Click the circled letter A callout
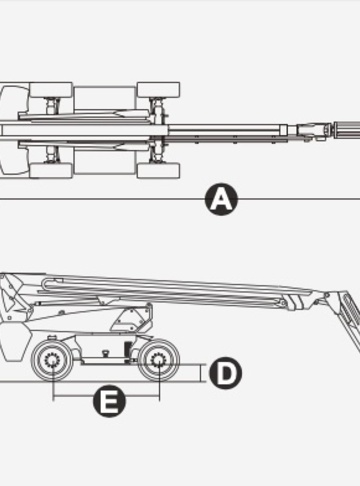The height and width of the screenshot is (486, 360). (x=221, y=200)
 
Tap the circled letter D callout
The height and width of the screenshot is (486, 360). (x=226, y=373)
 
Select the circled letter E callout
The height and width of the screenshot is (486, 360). (x=109, y=400)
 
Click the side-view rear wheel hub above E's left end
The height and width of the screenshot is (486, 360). (x=52, y=361)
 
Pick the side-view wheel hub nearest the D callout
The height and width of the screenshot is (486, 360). (x=159, y=361)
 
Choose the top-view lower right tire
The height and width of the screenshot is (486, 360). (x=159, y=170)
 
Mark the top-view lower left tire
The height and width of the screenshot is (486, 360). (x=51, y=170)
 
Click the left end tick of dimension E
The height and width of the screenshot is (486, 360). (x=53, y=396)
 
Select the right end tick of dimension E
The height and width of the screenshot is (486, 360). (x=160, y=396)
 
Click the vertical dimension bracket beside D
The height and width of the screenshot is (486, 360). (x=201, y=373)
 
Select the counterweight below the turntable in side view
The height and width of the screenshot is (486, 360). (x=14, y=342)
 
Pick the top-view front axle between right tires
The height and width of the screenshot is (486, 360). (x=159, y=130)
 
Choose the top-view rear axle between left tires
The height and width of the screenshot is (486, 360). (x=52, y=130)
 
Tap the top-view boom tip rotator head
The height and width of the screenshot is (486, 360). (x=313, y=130)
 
